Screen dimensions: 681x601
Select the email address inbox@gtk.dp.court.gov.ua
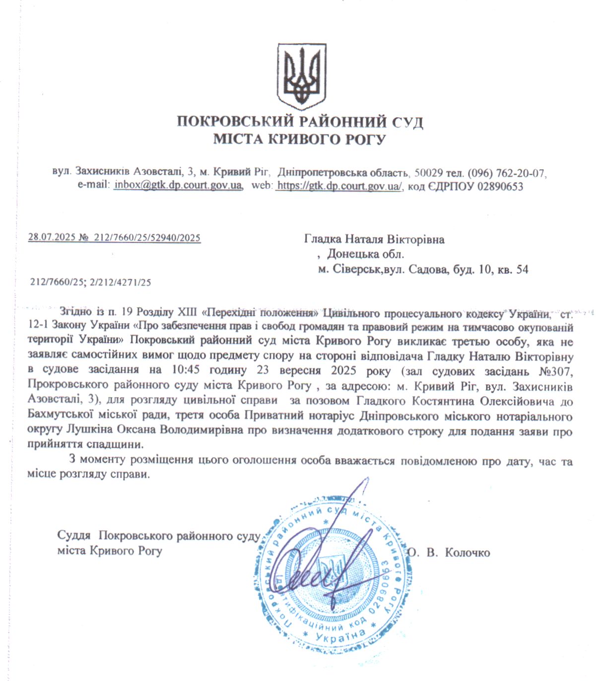[x=178, y=186]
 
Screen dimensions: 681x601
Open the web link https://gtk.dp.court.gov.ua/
[x=339, y=186]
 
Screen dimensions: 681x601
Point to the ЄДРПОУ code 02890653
[x=500, y=186]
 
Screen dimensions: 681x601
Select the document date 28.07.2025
[x=51, y=237]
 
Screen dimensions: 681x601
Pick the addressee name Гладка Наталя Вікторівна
[x=374, y=240]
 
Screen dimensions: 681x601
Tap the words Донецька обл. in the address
[x=365, y=255]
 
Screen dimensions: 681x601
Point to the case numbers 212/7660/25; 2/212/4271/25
[x=90, y=282]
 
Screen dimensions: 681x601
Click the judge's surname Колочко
[x=467, y=552]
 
